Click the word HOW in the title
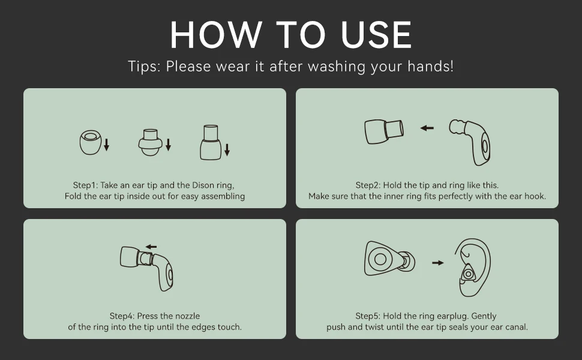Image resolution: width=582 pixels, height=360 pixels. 217,35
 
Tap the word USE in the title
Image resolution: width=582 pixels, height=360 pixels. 376,35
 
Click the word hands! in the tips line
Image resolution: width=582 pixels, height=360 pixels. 431,67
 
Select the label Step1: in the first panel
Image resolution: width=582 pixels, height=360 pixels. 85,185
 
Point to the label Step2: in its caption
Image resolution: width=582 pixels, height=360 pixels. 368,185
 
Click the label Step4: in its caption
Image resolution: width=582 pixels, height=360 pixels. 122,316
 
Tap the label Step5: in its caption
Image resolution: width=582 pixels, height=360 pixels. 368,316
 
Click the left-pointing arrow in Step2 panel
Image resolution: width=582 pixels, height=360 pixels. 427,128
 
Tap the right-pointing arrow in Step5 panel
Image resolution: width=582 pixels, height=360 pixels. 438,263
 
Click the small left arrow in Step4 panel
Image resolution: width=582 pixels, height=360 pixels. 151,247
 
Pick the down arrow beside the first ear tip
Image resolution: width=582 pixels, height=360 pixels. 107,145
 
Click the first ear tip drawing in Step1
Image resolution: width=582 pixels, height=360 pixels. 90,142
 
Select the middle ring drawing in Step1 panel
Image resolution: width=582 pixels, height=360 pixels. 151,143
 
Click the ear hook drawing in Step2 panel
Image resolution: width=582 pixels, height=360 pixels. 470,142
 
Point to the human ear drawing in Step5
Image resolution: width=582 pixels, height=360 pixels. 473,267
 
